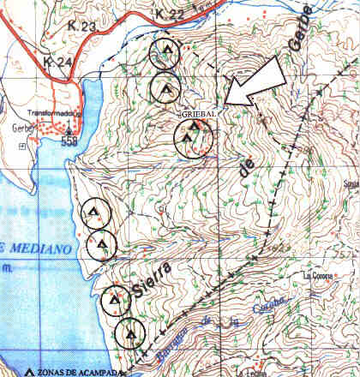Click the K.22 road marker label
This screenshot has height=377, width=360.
point(171,15)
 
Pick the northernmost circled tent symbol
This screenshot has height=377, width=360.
point(164,53)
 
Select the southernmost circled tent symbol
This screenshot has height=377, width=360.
point(131,332)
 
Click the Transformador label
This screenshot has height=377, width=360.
point(53,113)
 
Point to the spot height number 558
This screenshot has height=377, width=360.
point(70,143)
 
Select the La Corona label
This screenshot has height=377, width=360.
point(320,276)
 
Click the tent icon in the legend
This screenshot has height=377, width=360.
point(32,372)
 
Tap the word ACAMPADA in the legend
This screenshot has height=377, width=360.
point(99,372)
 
